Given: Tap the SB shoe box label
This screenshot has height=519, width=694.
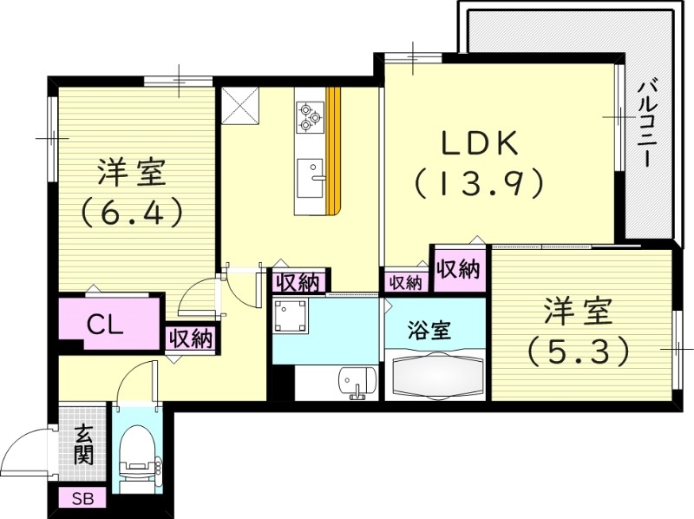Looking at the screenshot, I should click(x=82, y=499).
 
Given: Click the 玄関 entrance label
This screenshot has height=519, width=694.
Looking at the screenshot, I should click(x=83, y=443).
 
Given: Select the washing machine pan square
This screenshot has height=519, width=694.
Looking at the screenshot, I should click(x=290, y=317).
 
